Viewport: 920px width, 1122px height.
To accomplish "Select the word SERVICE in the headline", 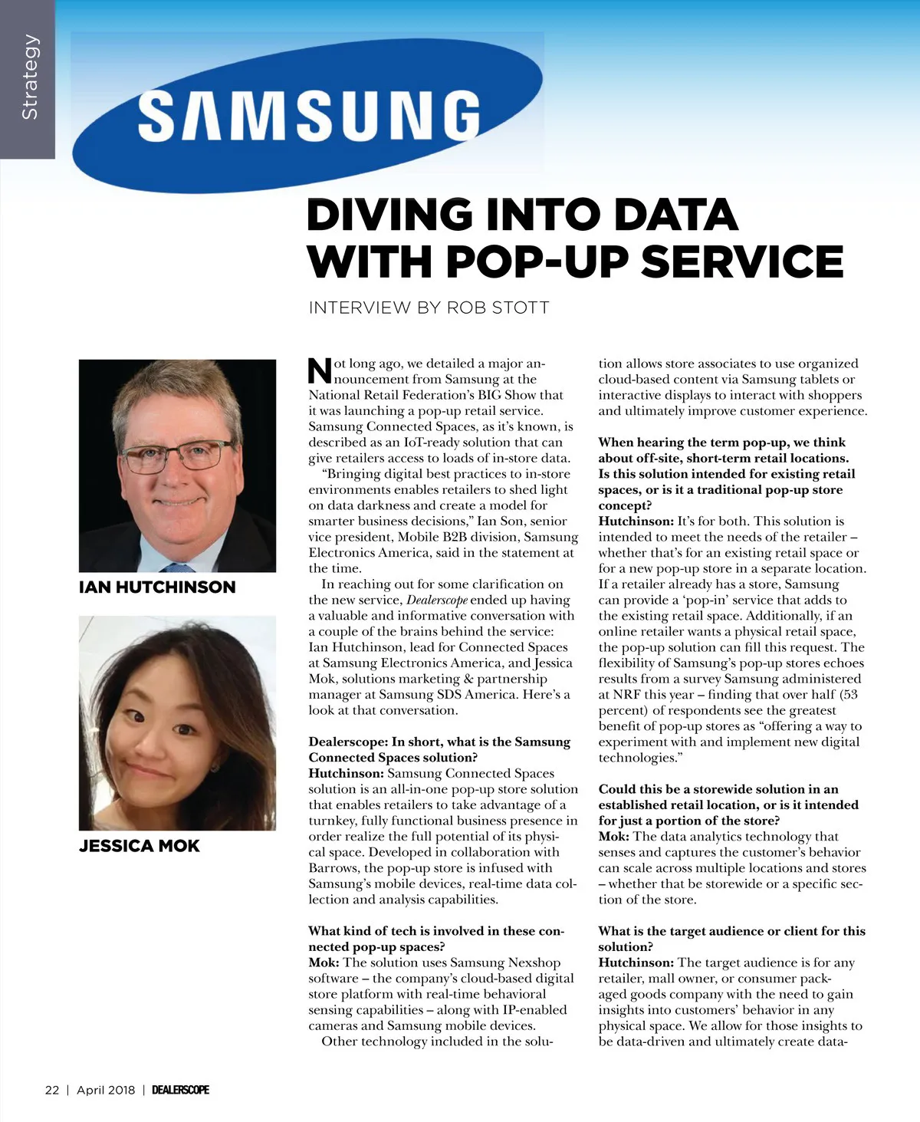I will click(741, 262).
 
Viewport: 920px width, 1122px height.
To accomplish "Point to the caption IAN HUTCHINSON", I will click(157, 587).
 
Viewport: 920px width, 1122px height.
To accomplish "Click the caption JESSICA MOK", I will click(139, 846).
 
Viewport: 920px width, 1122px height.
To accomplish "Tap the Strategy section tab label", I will click(29, 77).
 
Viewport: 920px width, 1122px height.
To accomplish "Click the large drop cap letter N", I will click(320, 370).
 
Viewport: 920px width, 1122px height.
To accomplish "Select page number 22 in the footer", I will click(52, 1090).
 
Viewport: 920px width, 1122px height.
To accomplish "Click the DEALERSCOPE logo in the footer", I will click(180, 1090).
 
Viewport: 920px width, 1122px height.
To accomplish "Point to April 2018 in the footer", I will click(106, 1090).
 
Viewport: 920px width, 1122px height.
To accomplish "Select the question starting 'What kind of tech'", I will click(435, 939).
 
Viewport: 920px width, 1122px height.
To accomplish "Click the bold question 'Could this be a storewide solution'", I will click(728, 804).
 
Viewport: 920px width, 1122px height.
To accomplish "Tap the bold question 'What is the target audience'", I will click(731, 939).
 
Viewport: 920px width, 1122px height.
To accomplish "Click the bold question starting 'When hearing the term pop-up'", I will click(726, 473).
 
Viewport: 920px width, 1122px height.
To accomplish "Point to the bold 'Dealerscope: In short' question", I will click(439, 749).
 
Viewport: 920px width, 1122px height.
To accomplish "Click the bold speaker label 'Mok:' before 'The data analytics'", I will click(614, 837).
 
